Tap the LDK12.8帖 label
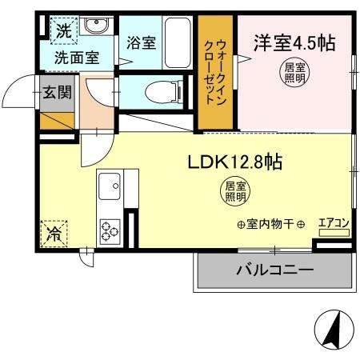[226, 161]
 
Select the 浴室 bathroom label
[141, 45]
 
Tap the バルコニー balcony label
[274, 270]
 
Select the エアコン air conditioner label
[333, 223]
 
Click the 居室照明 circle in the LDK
[234, 190]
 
